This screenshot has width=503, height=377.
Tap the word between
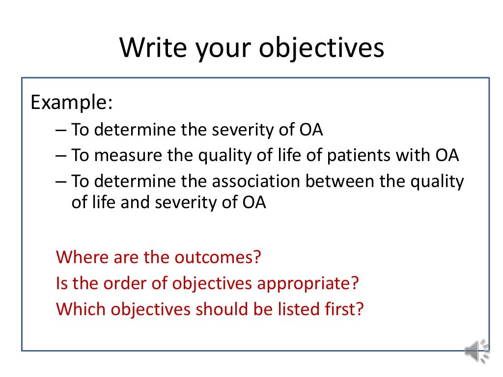pyautogui.click(x=341, y=181)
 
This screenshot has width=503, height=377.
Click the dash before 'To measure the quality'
pyautogui.click(x=61, y=156)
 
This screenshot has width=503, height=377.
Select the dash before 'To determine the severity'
pyautogui.click(x=61, y=130)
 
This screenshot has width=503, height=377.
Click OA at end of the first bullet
pyautogui.click(x=311, y=130)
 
